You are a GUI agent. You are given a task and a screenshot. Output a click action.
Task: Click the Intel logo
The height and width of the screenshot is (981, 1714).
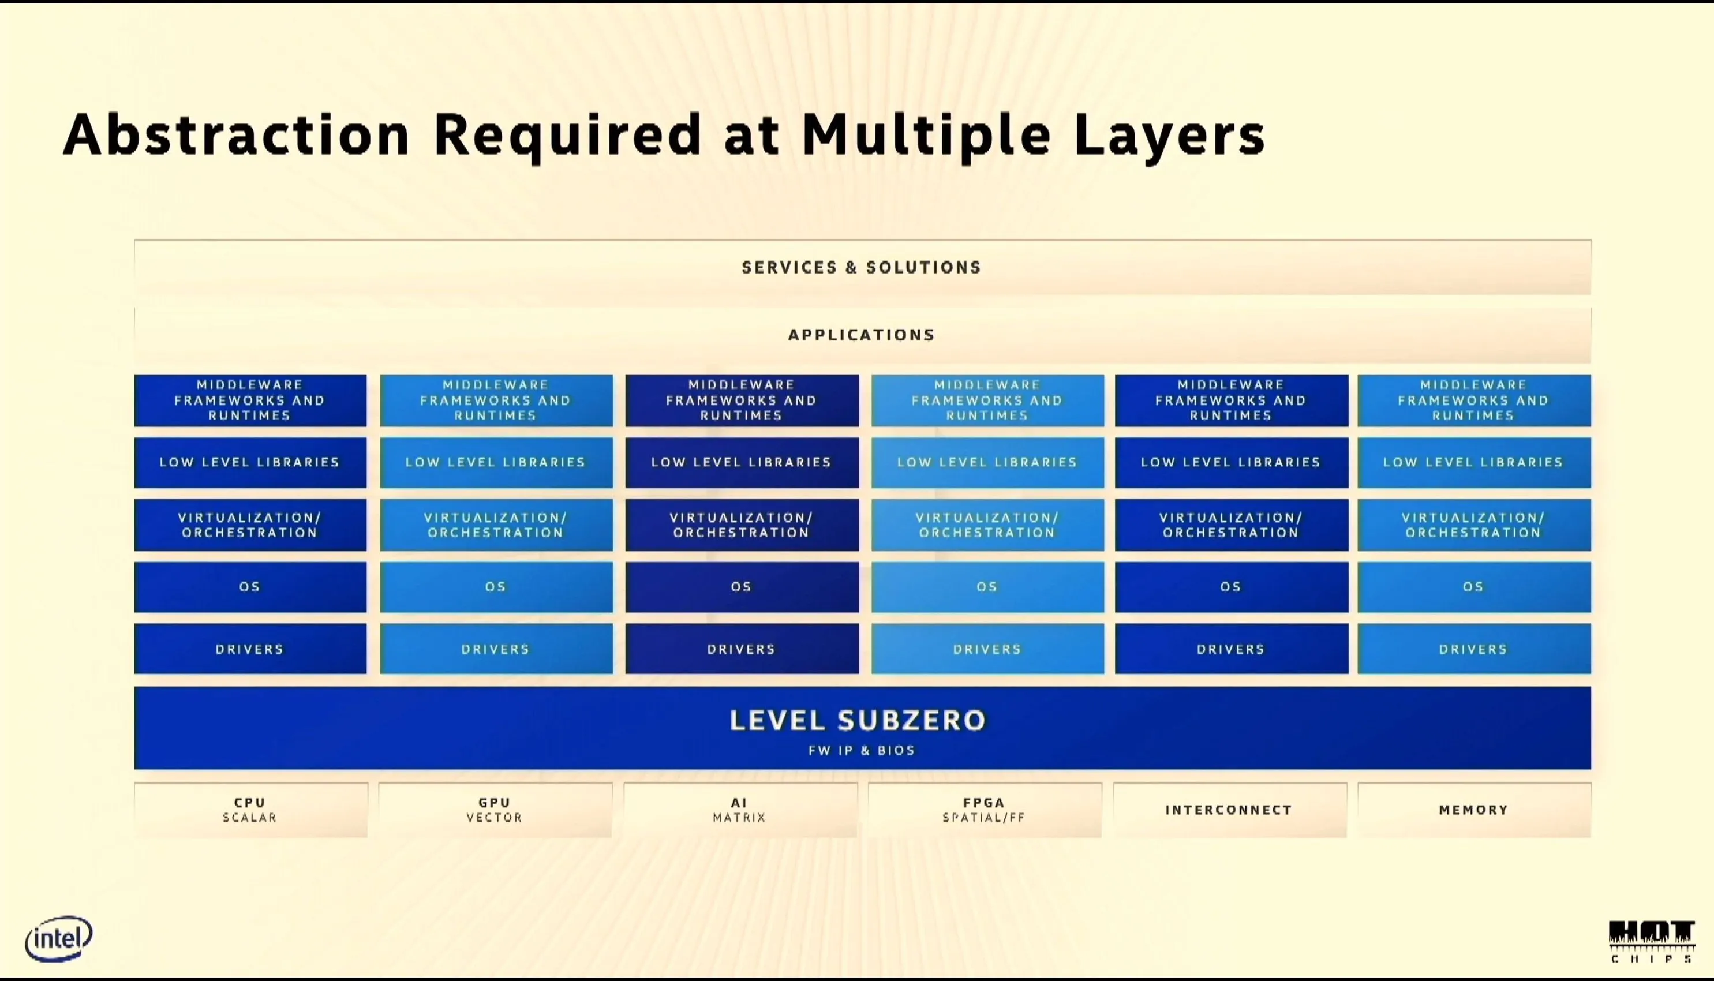click(x=59, y=938)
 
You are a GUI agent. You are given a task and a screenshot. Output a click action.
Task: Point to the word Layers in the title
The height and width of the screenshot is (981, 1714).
click(x=1170, y=136)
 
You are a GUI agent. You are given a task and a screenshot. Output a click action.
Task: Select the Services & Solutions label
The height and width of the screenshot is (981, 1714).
click(x=861, y=268)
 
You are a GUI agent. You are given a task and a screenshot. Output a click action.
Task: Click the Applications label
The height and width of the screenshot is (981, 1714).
click(x=862, y=335)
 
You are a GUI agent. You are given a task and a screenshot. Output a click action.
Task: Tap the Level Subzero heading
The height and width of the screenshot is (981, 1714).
click(x=858, y=720)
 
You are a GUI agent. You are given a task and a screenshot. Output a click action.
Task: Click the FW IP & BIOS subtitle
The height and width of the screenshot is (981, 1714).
click(x=862, y=751)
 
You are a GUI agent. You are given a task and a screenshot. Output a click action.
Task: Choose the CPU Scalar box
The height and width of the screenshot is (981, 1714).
click(x=250, y=810)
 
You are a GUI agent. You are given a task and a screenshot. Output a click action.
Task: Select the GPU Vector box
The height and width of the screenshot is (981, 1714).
click(x=495, y=810)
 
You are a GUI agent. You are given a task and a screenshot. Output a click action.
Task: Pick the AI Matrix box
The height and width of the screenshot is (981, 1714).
click(x=740, y=810)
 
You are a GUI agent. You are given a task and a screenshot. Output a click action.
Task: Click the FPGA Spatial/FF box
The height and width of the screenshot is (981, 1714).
click(x=985, y=810)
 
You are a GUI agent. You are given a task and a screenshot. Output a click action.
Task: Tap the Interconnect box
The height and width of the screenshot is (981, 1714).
click(x=1230, y=810)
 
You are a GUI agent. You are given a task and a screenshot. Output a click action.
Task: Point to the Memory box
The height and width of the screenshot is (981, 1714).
click(x=1474, y=810)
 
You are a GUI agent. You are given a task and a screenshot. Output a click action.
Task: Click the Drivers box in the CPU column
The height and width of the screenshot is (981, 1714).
click(x=250, y=649)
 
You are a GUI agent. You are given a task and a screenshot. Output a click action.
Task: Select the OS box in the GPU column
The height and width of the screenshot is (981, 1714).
click(x=496, y=587)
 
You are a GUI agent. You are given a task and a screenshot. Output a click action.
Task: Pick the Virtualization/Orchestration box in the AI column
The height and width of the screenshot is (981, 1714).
click(x=742, y=525)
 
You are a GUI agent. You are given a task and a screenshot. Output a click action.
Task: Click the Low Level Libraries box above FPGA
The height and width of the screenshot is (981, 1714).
click(x=987, y=462)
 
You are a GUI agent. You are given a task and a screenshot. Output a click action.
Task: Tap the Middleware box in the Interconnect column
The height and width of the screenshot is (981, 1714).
click(x=1232, y=400)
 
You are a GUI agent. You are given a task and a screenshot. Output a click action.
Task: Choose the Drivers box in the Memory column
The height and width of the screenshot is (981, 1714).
click(x=1474, y=649)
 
